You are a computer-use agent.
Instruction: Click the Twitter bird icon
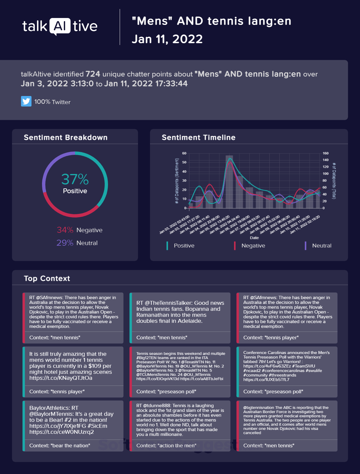click(26, 101)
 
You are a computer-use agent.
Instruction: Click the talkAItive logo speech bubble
click(60, 26)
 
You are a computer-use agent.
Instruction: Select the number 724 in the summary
click(93, 74)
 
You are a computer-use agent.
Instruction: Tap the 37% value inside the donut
click(75, 179)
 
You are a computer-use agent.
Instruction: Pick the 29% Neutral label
click(77, 243)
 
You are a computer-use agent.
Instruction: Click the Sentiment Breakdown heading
click(66, 137)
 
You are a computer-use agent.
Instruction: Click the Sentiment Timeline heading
click(199, 137)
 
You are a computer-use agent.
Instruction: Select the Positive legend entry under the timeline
click(184, 246)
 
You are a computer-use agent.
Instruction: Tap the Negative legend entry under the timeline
click(253, 246)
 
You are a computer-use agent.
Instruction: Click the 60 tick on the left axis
click(184, 153)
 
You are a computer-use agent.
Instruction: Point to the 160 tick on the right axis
click(325, 153)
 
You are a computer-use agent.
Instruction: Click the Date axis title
click(254, 238)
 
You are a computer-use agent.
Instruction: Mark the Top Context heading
click(47, 278)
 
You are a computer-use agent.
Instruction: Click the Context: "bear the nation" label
click(60, 446)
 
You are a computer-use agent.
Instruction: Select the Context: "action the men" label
click(166, 446)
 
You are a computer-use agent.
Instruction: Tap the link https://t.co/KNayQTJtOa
click(61, 378)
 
